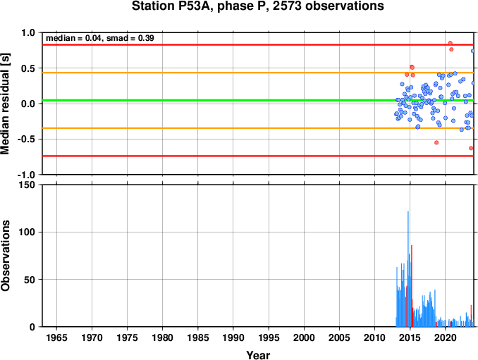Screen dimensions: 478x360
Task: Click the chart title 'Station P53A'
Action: (x=171, y=6)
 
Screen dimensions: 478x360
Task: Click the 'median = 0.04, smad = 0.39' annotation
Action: (x=100, y=38)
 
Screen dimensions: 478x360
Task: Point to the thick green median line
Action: (x=258, y=100)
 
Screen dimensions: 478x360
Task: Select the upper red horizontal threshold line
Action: (x=258, y=45)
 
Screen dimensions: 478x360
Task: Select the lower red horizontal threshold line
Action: (x=258, y=156)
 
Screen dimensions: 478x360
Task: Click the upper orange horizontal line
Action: (x=258, y=73)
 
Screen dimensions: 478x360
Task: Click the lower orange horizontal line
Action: (x=258, y=128)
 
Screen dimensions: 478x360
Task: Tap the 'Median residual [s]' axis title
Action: (x=5, y=104)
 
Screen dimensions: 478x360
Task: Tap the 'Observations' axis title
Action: (x=5, y=256)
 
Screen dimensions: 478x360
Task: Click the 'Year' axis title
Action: (x=258, y=355)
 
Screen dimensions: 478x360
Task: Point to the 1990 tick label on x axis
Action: (x=233, y=337)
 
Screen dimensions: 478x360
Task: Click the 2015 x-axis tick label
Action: (x=410, y=337)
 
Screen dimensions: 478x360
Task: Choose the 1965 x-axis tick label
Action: (x=56, y=337)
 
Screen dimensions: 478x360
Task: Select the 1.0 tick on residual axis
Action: (x=28, y=32)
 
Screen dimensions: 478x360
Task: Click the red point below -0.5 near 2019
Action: (x=436, y=142)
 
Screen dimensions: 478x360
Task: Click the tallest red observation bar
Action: (x=412, y=286)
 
